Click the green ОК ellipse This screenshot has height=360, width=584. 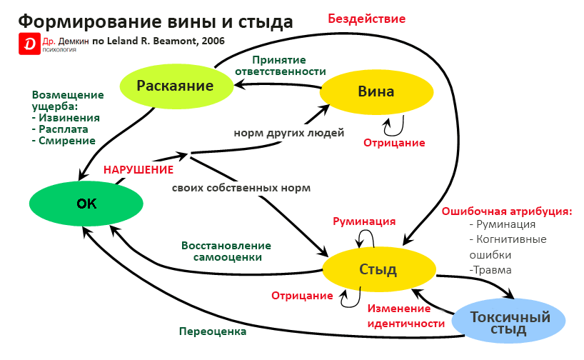[86, 204]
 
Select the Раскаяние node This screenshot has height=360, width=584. [176, 86]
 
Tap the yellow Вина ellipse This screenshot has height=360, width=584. [376, 91]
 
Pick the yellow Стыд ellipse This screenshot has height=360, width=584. [378, 269]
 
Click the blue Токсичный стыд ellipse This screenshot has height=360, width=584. [512, 322]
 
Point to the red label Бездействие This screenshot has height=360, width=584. [366, 19]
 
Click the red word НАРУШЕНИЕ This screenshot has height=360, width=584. [139, 170]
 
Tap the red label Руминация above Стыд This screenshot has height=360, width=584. [364, 221]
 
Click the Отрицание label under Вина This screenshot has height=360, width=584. [394, 143]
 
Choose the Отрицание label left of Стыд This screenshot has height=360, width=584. [302, 296]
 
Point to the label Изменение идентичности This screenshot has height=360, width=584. [399, 315]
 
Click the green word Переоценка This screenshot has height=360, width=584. [212, 331]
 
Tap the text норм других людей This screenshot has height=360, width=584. [289, 133]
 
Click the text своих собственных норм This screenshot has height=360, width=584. [241, 189]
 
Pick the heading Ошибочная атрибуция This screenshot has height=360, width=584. [507, 211]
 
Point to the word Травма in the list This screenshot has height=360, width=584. [492, 270]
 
